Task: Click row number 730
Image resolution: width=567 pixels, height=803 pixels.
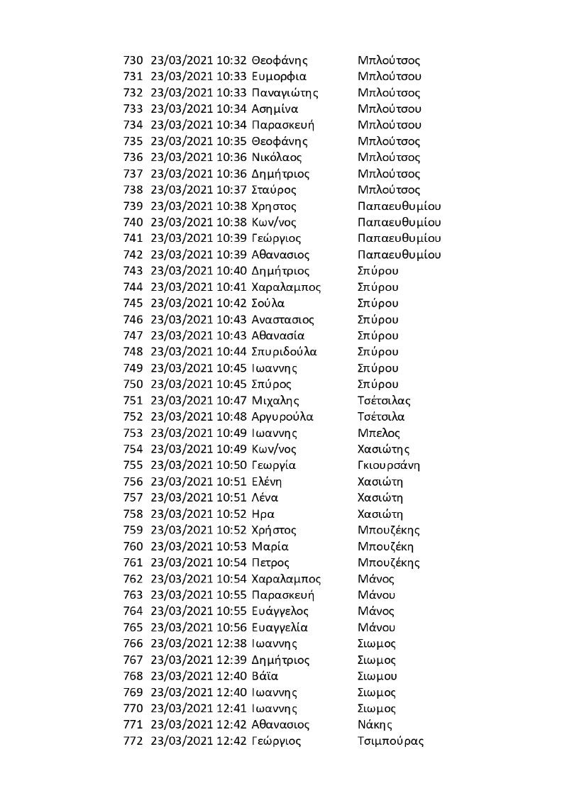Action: pyautogui.click(x=133, y=60)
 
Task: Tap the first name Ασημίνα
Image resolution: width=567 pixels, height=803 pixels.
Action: pyautogui.click(x=275, y=109)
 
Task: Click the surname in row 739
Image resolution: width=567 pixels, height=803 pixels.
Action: pyautogui.click(x=400, y=206)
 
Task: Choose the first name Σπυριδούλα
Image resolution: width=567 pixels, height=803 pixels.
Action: pyautogui.click(x=284, y=352)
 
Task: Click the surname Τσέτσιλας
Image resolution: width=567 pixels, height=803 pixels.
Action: pyautogui.click(x=384, y=401)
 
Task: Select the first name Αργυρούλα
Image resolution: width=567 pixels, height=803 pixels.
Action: pyautogui.click(x=282, y=417)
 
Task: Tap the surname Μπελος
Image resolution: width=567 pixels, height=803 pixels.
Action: pyautogui.click(x=379, y=433)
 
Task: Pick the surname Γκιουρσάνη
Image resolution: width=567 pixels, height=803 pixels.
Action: pyautogui.click(x=389, y=465)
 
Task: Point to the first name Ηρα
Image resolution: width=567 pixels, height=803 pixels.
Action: pyautogui.click(x=263, y=514)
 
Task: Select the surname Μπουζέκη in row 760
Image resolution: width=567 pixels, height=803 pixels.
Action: pyautogui.click(x=386, y=546)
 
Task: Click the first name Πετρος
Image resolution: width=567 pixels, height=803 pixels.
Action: pyautogui.click(x=270, y=563)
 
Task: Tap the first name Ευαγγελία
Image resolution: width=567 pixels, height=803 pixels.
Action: pyautogui.click(x=279, y=627)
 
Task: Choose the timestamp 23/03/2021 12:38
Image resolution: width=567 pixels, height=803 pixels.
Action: pyautogui.click(x=199, y=643)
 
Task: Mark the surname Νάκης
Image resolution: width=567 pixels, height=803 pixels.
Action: pyautogui.click(x=375, y=724)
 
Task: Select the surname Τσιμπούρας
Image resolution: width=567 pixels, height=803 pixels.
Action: pyautogui.click(x=391, y=741)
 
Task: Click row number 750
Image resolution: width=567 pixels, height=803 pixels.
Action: pyautogui.click(x=133, y=384)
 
